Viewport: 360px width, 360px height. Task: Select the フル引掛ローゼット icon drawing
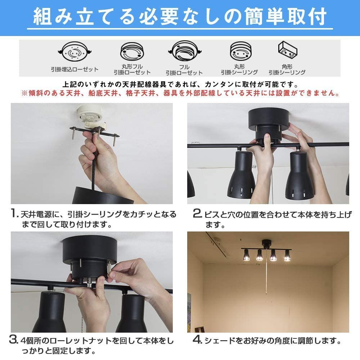pyautogui.click(x=184, y=53)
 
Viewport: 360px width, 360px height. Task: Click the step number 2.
pyautogui.click(x=197, y=215)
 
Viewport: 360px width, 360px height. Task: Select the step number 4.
pyautogui.click(x=198, y=340)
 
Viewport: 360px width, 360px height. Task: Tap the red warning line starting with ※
pyautogui.click(x=180, y=93)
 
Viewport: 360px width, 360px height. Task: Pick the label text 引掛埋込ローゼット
pyautogui.click(x=75, y=69)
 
